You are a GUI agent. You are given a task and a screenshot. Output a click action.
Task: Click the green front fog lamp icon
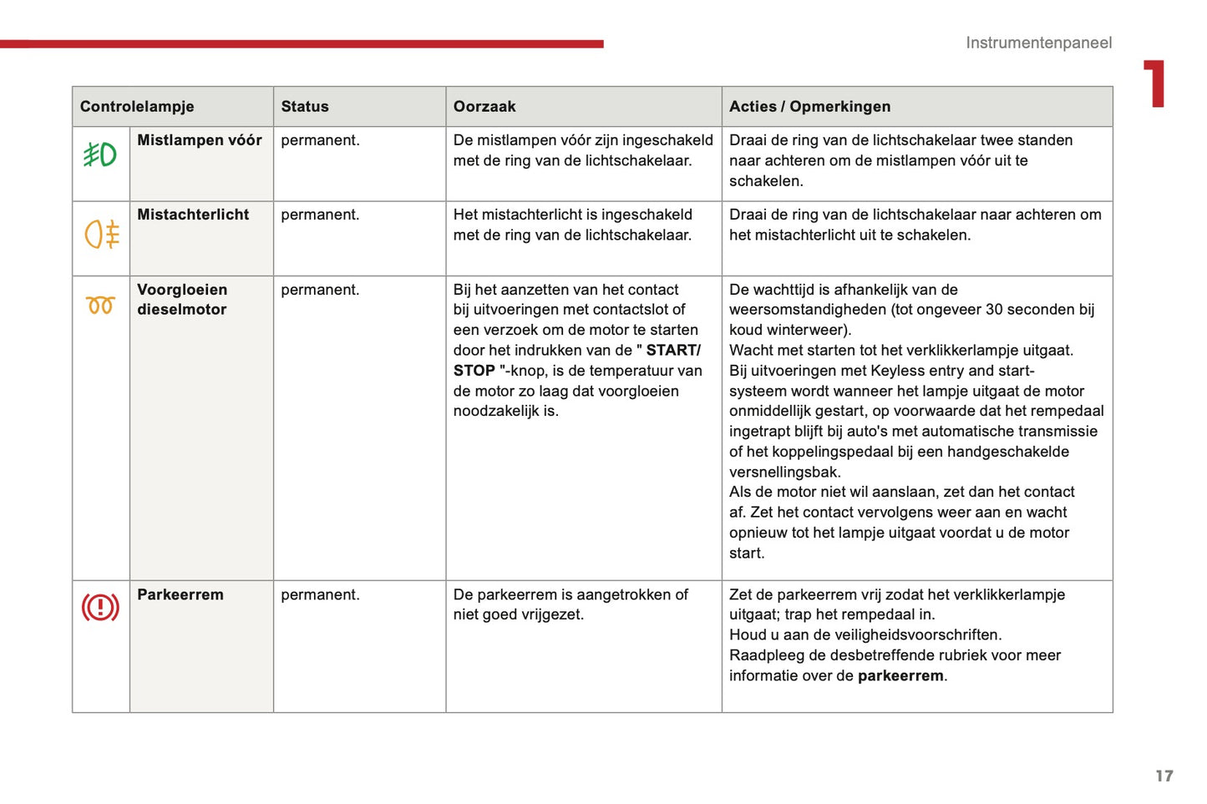pos(100,154)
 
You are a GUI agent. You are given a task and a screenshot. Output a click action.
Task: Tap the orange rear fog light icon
pos(102,234)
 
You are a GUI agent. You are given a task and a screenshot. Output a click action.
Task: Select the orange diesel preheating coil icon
pos(100,306)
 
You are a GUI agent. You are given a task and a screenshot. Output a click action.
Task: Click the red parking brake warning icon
pos(100,607)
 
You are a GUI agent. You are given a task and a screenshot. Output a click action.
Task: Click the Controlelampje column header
pos(137,107)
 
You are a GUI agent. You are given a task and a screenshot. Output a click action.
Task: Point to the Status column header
pos(305,107)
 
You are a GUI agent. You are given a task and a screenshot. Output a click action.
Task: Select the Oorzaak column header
pos(484,107)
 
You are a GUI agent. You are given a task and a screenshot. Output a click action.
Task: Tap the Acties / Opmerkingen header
pos(809,107)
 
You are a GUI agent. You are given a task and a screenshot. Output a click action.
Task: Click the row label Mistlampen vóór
pos(200,140)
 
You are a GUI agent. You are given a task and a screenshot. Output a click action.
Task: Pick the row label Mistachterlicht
pos(193,215)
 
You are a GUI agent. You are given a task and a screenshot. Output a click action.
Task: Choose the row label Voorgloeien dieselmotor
pos(182,299)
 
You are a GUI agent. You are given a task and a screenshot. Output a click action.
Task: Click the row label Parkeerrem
pos(180,594)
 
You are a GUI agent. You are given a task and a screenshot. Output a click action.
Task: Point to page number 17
pos(1164,776)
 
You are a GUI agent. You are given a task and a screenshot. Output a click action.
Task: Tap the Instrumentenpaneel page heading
pos(1038,43)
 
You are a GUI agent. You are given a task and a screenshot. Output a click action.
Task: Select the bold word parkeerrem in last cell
pos(900,675)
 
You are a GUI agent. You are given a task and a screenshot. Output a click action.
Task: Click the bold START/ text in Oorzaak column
pos(673,350)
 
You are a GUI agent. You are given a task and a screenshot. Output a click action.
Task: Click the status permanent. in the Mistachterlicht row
pos(320,215)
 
